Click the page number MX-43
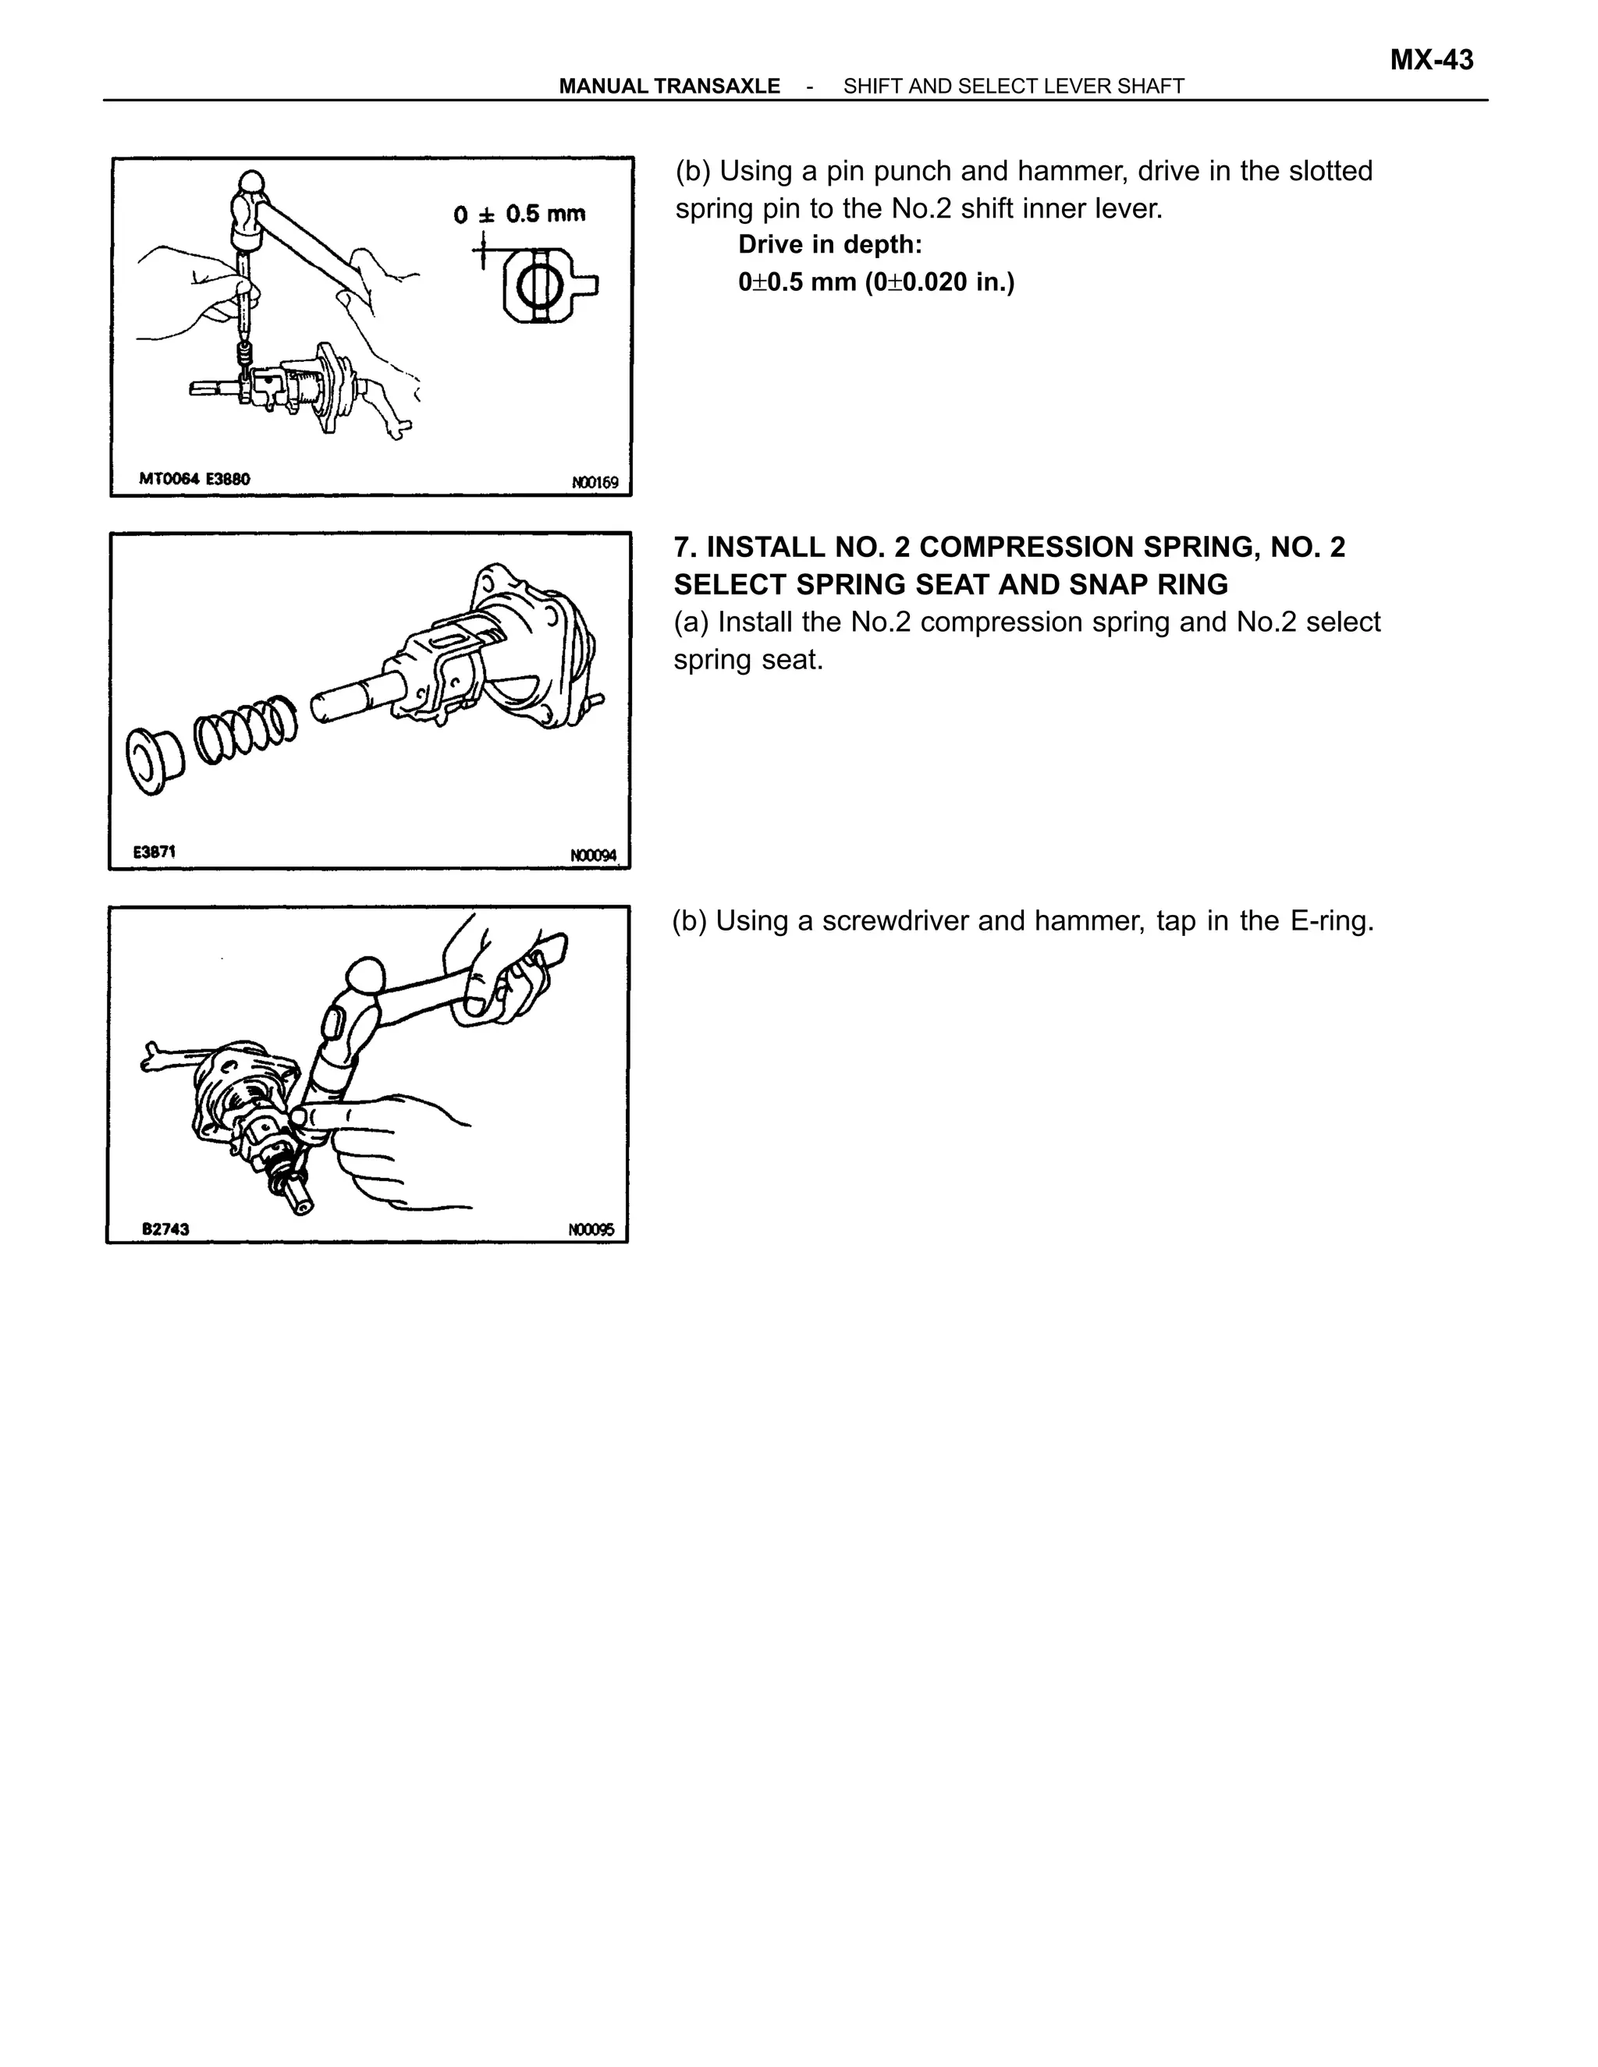click(x=1430, y=61)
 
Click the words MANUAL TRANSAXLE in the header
click(x=669, y=86)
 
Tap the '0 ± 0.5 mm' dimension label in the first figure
click(x=519, y=214)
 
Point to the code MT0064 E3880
click(x=194, y=479)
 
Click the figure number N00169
click(x=595, y=483)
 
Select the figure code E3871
click(x=154, y=851)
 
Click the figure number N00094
click(x=593, y=856)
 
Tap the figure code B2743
click(x=165, y=1228)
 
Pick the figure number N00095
click(x=591, y=1229)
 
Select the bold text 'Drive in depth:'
click(x=829, y=244)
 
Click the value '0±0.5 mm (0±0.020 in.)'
click(x=875, y=282)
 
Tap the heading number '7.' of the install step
click(x=685, y=547)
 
